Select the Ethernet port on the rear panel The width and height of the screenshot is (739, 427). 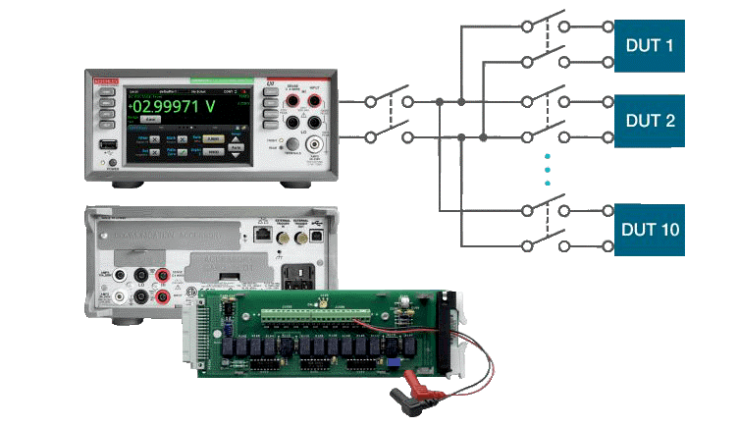coord(261,234)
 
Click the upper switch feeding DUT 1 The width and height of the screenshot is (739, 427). coord(545,25)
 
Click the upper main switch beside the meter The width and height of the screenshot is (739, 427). coord(390,100)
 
